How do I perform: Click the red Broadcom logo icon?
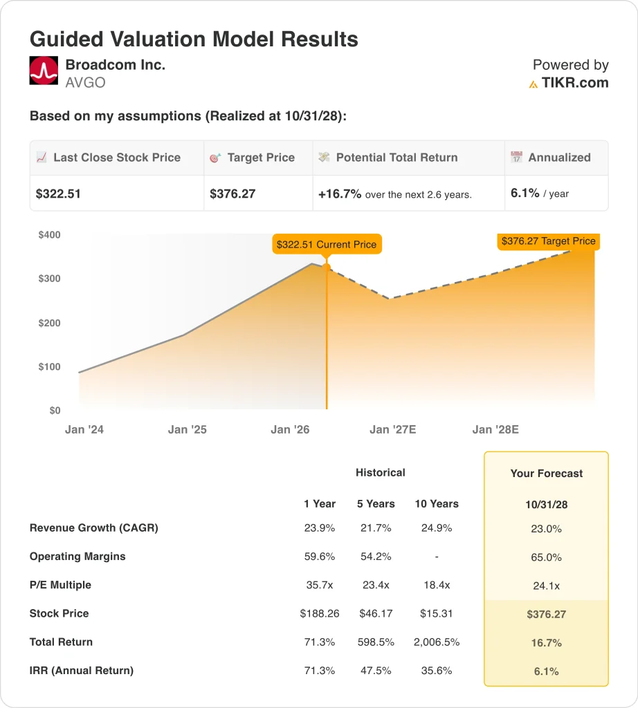point(44,71)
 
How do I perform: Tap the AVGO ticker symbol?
point(86,83)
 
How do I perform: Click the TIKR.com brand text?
point(574,83)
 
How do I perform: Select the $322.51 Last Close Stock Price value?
point(58,194)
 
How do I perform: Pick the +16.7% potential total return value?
point(340,194)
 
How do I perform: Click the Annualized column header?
point(559,158)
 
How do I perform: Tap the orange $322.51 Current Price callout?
point(327,244)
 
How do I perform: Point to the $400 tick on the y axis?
point(49,235)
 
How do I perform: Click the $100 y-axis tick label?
point(49,367)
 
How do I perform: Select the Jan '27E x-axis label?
point(393,429)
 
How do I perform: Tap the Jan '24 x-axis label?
point(84,429)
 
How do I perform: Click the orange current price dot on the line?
point(327,268)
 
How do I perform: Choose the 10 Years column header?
point(436,503)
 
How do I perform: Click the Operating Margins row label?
point(78,557)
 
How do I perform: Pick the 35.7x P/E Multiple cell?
point(319,585)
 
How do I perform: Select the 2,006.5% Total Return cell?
point(436,642)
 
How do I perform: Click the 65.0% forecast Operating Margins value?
point(546,557)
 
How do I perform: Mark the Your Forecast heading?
point(546,474)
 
